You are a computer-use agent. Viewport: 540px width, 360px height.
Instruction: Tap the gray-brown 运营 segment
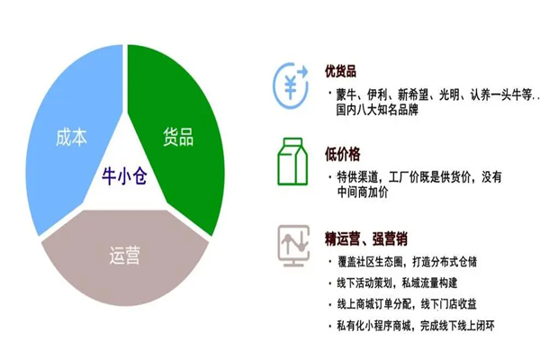tap(126, 270)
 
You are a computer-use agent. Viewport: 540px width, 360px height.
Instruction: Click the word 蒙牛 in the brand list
tap(347, 94)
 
